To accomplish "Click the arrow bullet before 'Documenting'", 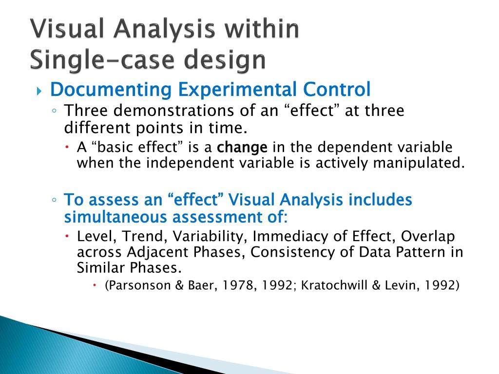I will click(40, 91).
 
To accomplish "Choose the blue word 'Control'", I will click(337, 90).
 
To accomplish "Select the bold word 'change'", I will click(242, 148).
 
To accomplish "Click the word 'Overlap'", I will click(427, 237).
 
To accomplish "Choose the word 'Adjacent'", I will click(157, 253).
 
